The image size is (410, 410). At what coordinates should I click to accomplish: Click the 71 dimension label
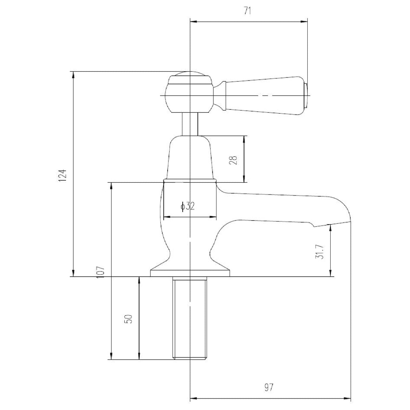(x=247, y=11)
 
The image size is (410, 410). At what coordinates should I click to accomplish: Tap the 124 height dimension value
(x=63, y=176)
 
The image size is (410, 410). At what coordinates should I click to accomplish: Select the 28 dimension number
(x=233, y=160)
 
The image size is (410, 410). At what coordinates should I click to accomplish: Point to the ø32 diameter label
(x=188, y=206)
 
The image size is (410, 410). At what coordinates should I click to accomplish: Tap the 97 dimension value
(x=269, y=376)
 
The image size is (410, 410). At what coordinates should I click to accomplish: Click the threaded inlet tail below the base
(x=190, y=318)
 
